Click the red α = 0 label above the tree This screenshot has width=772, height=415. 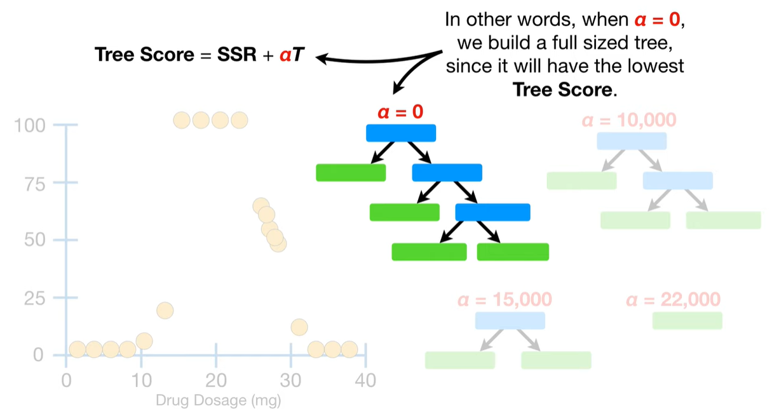[x=400, y=112]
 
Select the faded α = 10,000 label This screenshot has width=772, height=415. [x=628, y=119]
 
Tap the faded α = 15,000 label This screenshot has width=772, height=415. [x=505, y=299]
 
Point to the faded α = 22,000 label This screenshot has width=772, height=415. [x=673, y=299]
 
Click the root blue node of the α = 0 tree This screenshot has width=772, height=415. [x=401, y=133]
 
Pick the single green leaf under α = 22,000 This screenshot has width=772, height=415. [x=687, y=320]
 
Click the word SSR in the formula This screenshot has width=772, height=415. [x=227, y=55]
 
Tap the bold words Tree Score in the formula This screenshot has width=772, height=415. [x=144, y=55]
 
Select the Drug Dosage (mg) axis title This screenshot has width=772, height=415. [x=218, y=401]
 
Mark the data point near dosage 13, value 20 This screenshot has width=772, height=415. [x=165, y=311]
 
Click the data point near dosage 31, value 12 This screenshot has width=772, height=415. [x=299, y=327]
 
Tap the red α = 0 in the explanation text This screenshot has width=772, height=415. [x=660, y=19]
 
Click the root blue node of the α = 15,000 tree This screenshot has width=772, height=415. [x=510, y=320]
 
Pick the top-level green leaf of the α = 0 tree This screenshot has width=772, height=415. [x=351, y=173]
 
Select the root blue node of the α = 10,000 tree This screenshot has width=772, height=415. [x=632, y=141]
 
